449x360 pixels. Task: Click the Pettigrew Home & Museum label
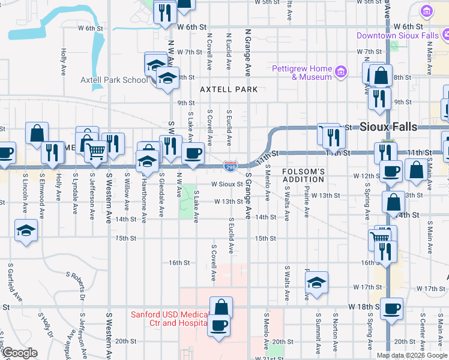point(302,73)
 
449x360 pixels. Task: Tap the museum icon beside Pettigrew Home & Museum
point(341,73)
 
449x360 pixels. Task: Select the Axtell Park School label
point(113,80)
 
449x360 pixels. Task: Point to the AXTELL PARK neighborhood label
point(229,90)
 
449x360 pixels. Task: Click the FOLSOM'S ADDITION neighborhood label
point(304,176)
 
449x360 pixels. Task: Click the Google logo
point(20,353)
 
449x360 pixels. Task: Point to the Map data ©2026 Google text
point(412,355)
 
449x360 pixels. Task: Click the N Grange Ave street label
point(247,53)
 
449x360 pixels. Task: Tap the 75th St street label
point(126,238)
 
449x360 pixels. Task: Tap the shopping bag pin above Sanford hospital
point(220,307)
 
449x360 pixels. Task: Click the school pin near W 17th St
point(316,283)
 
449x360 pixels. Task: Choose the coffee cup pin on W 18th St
point(391,309)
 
